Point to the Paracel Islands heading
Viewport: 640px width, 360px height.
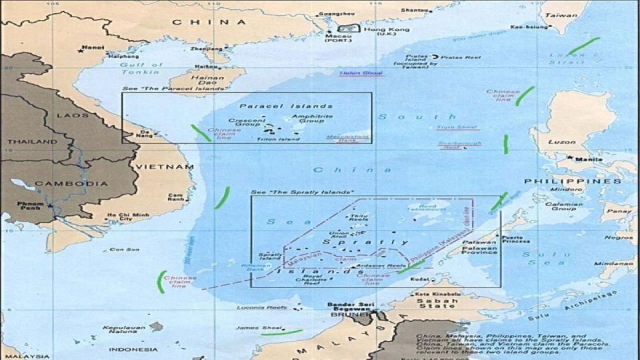(x=286, y=106)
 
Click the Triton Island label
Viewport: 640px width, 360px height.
(x=278, y=139)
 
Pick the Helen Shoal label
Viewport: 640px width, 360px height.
(x=361, y=74)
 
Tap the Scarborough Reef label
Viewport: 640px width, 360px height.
(x=459, y=145)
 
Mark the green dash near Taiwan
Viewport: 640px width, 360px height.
(x=583, y=46)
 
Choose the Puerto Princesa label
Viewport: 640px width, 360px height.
(x=515, y=239)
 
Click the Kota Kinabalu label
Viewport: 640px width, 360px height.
(x=433, y=294)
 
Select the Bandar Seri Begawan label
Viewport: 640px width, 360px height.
(x=351, y=307)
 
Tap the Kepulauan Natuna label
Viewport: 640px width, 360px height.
(x=120, y=330)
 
